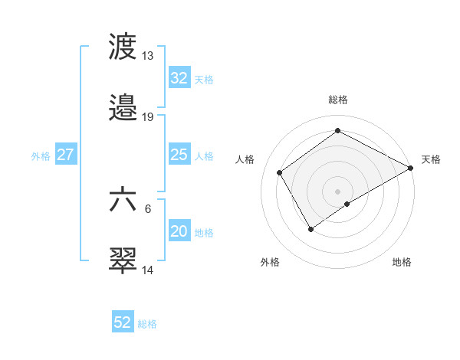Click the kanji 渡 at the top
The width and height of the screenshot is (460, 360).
(123, 47)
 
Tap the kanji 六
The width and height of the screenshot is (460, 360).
(123, 199)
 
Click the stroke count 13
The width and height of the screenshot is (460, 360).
(148, 56)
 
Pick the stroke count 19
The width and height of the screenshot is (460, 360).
(148, 117)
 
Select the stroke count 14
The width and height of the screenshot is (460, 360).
(148, 270)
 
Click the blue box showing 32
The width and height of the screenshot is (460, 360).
(179, 78)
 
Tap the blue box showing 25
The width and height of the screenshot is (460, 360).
(179, 155)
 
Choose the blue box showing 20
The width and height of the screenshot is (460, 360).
(179, 231)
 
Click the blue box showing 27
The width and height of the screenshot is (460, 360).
(65, 155)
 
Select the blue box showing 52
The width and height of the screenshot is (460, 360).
(123, 322)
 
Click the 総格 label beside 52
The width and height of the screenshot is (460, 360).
(147, 324)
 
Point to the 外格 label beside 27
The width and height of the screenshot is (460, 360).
(41, 156)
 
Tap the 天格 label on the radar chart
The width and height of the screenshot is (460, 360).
(431, 159)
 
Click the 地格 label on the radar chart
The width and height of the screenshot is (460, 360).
(402, 262)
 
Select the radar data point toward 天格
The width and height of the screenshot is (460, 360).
(410, 168)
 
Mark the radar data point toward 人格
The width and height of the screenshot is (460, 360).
(280, 172)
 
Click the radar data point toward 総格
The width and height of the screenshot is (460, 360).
(337, 131)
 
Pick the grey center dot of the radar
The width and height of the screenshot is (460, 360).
(337, 191)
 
